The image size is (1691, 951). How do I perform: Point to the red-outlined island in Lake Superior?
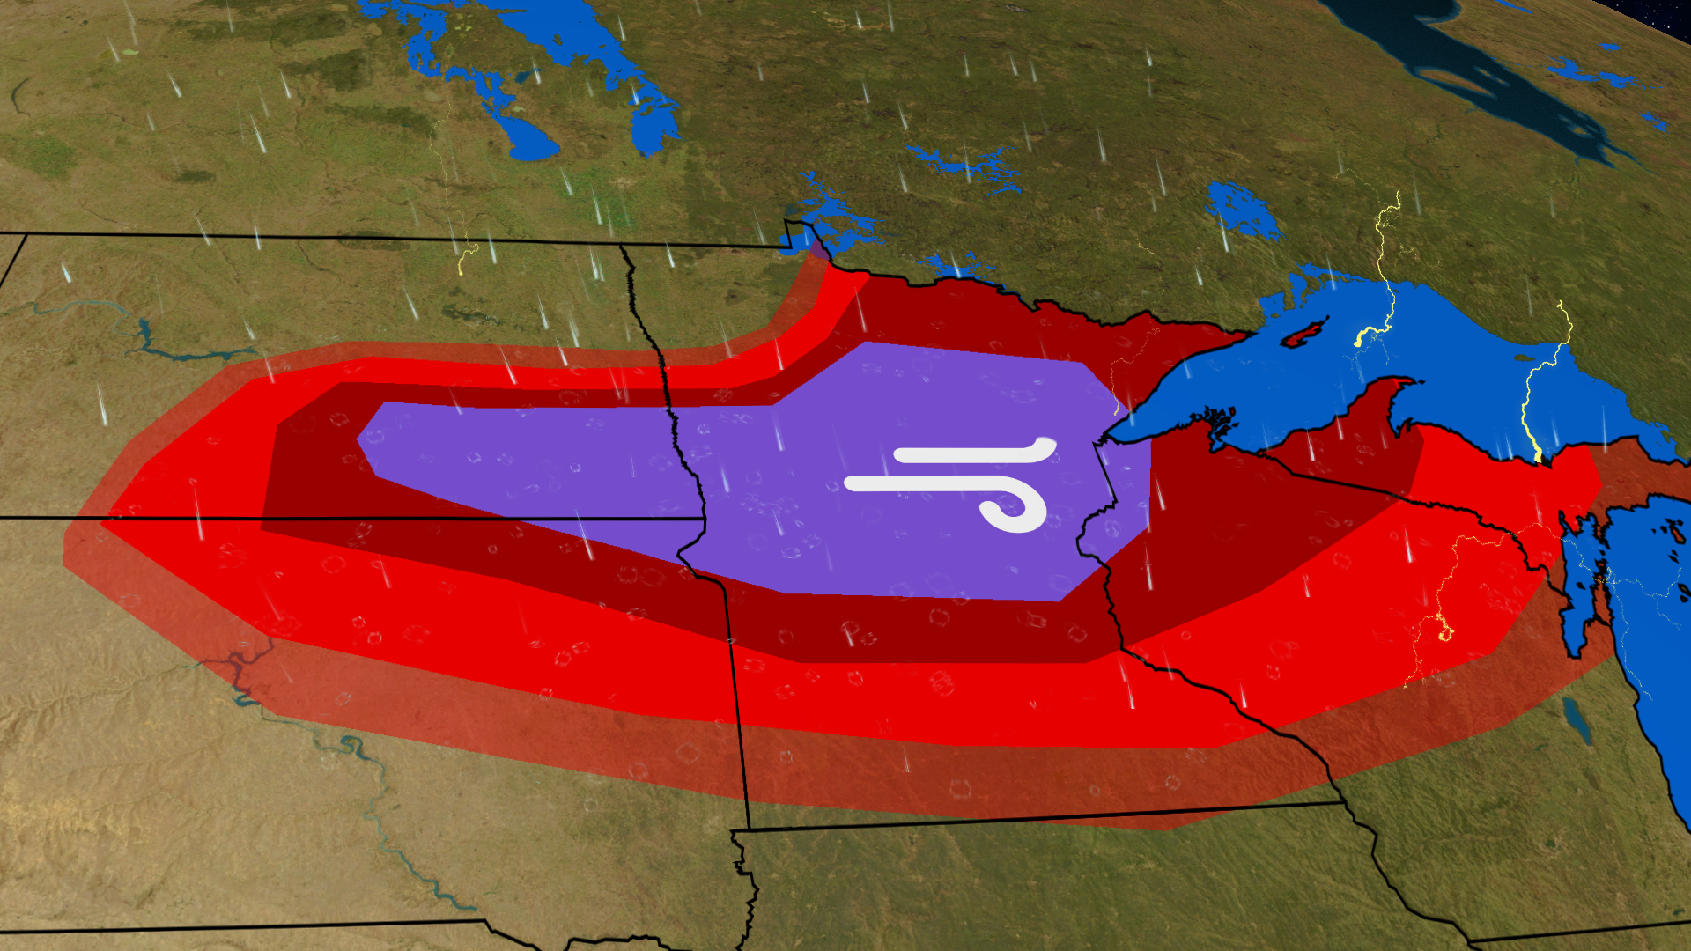click(x=1303, y=333)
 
